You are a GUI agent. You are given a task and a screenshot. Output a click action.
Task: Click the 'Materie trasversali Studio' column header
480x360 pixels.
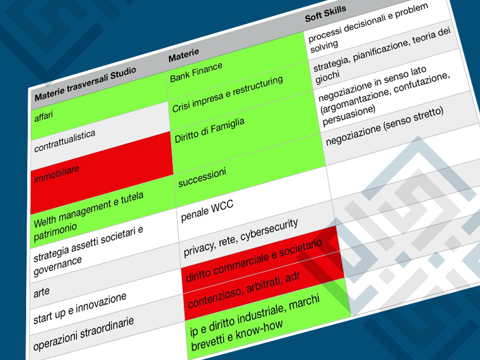click(99, 82)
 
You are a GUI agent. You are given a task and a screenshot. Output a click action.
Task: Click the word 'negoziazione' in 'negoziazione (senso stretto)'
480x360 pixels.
click(353, 135)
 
